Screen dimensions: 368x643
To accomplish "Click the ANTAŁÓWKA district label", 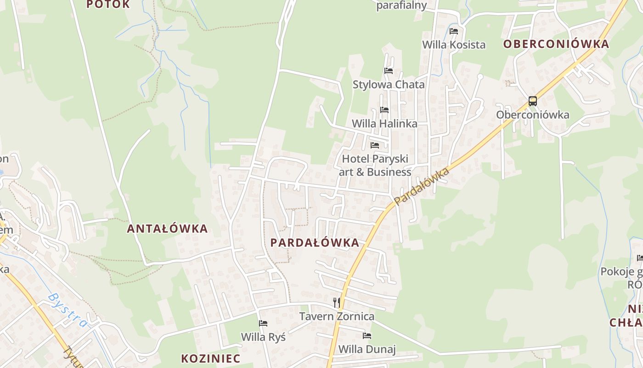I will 167,229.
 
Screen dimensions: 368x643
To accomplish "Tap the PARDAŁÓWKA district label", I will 315,243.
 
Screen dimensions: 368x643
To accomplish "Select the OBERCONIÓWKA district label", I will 556,44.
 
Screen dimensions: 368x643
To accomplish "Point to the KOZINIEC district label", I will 211,358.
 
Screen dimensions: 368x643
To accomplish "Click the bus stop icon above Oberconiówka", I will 533,101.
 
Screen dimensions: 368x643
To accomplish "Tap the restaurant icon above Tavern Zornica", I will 337,302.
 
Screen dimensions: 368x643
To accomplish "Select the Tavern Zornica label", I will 337,316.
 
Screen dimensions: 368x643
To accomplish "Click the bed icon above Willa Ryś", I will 263,323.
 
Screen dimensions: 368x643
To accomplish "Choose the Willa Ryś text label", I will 263,337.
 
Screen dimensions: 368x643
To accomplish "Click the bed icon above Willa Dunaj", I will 367,335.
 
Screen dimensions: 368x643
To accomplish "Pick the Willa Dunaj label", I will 367,349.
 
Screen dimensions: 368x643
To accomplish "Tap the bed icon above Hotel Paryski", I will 375,145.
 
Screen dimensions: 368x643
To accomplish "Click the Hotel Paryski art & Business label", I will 375,166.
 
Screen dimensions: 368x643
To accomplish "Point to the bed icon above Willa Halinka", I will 384,110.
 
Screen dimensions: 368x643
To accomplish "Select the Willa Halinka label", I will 384,124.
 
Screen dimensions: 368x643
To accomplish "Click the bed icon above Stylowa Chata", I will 389,71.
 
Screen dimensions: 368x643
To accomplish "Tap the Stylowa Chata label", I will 389,85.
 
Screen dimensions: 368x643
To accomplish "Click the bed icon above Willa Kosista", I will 454,31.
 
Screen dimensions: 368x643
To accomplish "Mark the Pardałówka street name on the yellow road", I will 421,186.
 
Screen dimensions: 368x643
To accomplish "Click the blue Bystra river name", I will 68,310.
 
